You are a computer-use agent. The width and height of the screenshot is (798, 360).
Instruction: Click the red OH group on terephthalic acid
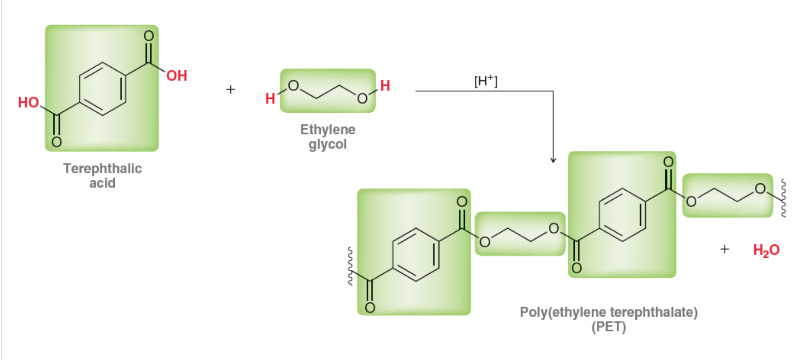click(177, 76)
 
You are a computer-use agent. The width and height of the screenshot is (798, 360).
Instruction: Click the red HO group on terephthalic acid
click(28, 102)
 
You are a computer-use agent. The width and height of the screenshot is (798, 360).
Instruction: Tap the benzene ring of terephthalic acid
click(103, 89)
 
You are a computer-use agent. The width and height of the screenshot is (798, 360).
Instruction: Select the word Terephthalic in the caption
click(103, 168)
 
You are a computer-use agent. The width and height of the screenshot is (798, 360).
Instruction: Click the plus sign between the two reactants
click(230, 89)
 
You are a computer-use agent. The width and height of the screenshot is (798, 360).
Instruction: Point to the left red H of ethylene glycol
click(270, 98)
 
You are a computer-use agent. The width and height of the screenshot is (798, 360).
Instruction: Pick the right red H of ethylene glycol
click(385, 85)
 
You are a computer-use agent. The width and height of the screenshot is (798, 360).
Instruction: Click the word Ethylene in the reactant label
click(328, 130)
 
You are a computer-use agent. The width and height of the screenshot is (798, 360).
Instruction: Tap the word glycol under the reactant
click(328, 144)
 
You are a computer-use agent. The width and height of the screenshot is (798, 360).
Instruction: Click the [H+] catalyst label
click(486, 80)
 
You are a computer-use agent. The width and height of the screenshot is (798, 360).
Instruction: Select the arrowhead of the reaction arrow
click(553, 159)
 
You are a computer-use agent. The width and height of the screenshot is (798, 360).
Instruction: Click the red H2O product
click(766, 250)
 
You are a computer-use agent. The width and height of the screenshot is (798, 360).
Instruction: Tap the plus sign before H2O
click(724, 249)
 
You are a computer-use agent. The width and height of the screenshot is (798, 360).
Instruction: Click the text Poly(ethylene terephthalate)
click(608, 312)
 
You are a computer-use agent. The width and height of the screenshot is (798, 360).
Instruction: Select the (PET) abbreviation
click(608, 327)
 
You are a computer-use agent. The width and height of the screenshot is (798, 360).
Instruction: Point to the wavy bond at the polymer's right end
click(783, 198)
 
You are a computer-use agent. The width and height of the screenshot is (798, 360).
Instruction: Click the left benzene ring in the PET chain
click(416, 254)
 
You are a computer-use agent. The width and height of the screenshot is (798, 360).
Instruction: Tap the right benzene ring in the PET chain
click(622, 214)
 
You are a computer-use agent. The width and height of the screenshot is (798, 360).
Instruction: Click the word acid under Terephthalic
click(102, 183)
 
